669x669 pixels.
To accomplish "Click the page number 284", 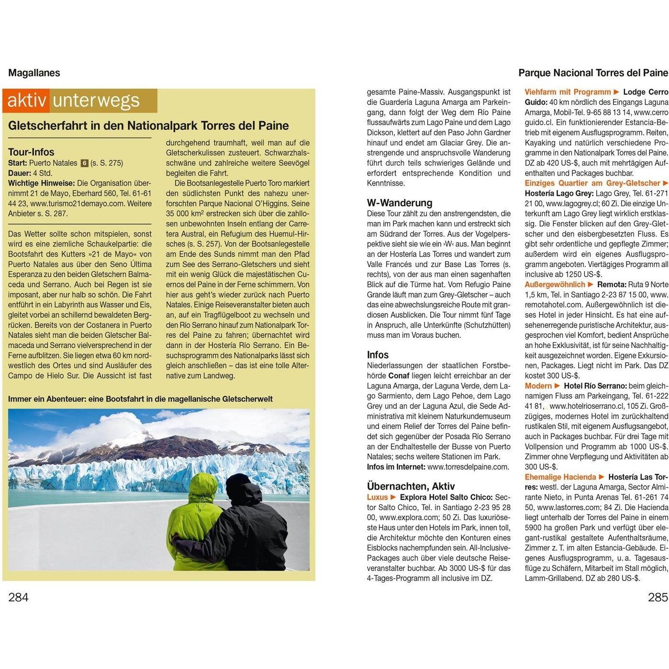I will coord(18,597).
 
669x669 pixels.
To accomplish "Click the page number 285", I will coord(658,597).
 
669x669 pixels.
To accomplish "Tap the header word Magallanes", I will coord(34,73).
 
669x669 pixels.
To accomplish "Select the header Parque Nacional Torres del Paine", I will coord(593,73).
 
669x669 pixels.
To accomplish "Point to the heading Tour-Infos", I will coord(31,152).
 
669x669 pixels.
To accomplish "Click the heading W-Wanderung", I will coord(400,203).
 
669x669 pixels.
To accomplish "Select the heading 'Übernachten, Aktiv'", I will coord(411,486).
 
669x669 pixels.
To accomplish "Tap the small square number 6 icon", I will coord(84,163).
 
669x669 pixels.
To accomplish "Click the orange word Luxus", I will coord(377,497).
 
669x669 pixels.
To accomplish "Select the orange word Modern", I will coord(538,386).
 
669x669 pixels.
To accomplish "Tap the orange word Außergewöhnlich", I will coord(555,285).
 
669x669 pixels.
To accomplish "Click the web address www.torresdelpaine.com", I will coord(468,467).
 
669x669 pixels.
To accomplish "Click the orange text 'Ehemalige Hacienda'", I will coord(560,477).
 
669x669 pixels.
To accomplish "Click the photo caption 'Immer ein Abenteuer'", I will coord(140,399).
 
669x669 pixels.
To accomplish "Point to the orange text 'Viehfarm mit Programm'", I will coord(568,92).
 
